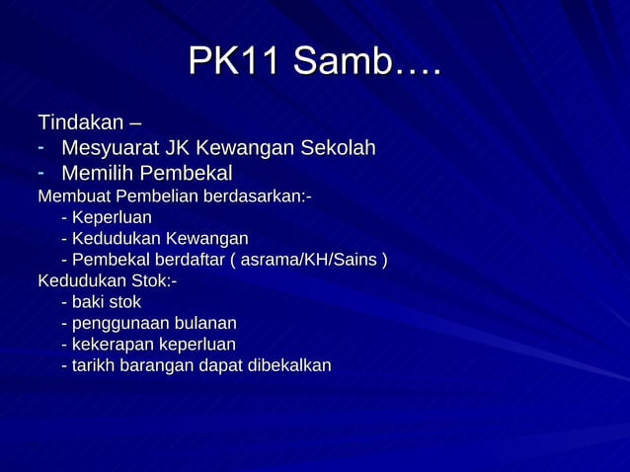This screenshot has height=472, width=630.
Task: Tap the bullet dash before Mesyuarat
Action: click(x=43, y=148)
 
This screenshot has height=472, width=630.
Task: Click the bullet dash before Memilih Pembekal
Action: click(x=43, y=173)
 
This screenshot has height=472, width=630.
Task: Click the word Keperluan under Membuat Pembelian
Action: click(x=112, y=217)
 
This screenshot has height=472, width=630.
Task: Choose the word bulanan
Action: click(x=204, y=323)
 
